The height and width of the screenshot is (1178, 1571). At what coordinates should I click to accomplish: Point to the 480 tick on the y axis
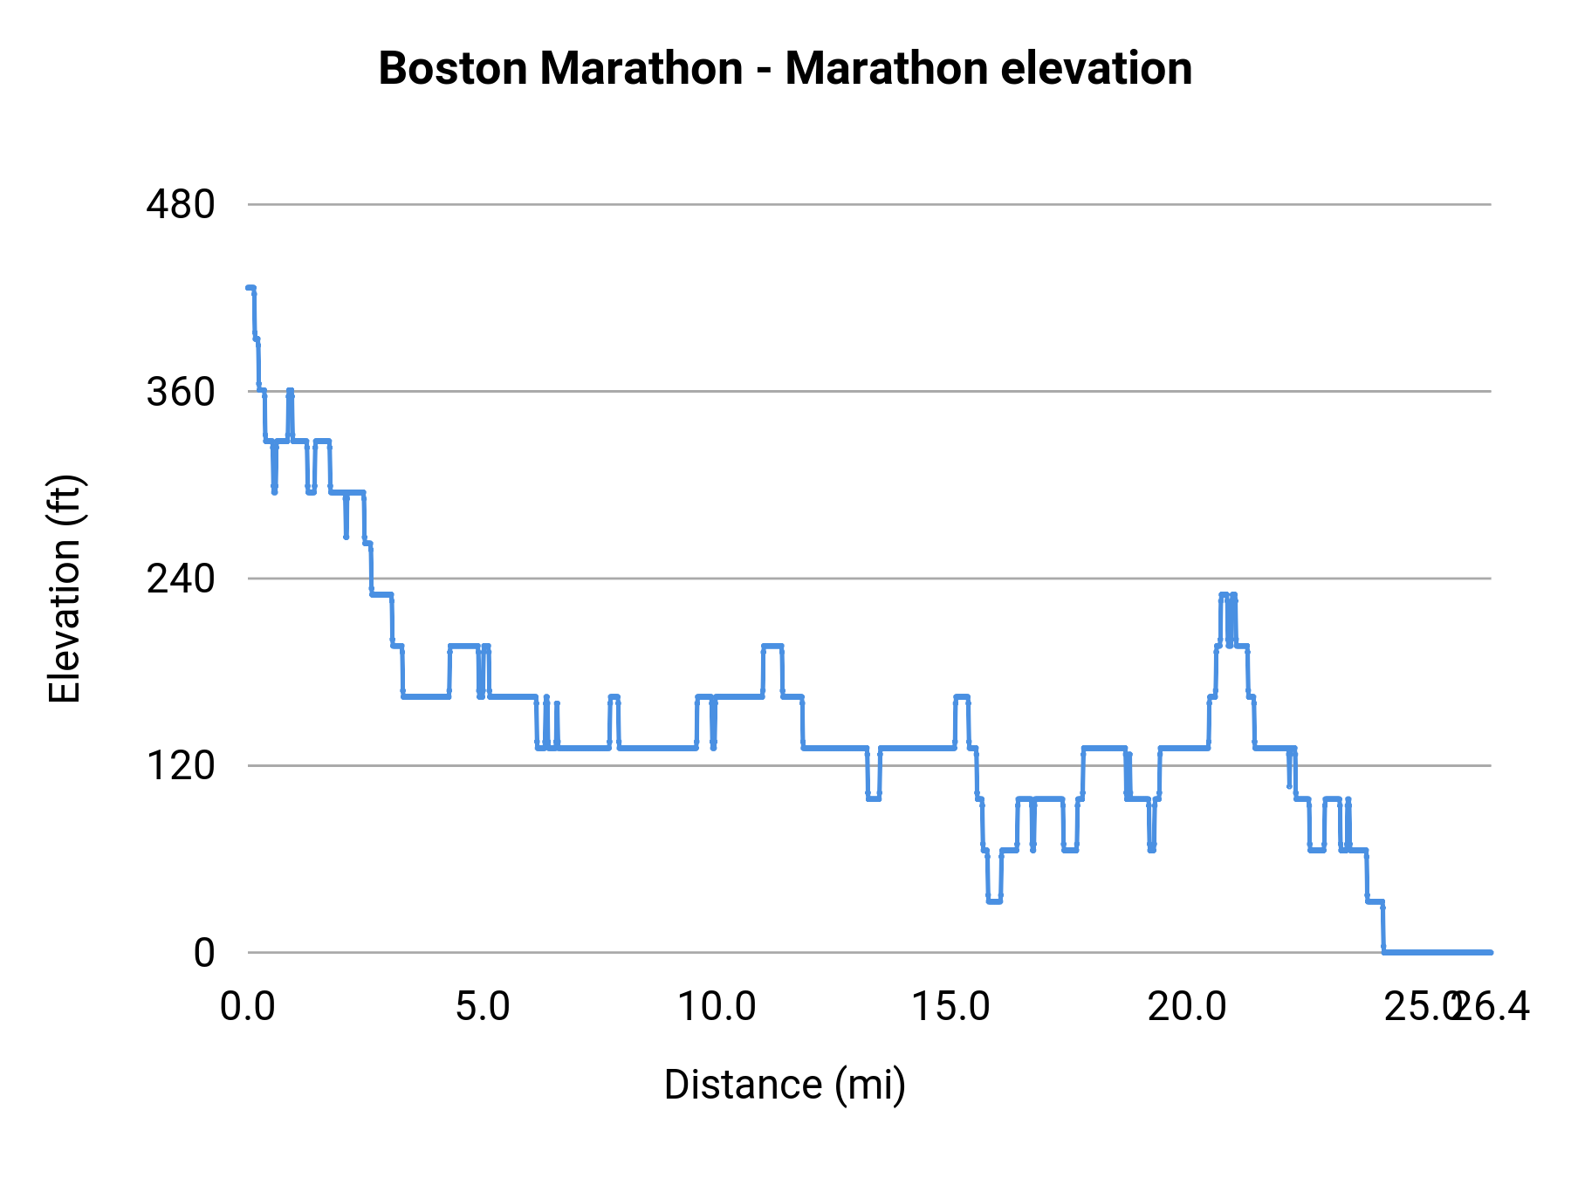(x=181, y=205)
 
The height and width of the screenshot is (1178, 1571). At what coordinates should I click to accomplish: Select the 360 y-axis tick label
(x=181, y=392)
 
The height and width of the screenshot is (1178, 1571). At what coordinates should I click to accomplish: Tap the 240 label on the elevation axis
(x=181, y=579)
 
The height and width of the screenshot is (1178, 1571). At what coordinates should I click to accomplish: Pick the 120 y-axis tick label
(x=181, y=766)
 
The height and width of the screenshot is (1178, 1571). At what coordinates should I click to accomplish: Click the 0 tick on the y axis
(x=204, y=953)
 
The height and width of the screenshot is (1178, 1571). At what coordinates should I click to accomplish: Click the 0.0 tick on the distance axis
(x=248, y=1007)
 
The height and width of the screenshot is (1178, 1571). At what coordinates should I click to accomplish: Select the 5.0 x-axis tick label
(x=483, y=1007)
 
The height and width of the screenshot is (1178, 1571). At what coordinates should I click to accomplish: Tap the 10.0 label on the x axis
(x=717, y=1007)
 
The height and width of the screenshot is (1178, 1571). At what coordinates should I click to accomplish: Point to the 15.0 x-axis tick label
(x=951, y=1007)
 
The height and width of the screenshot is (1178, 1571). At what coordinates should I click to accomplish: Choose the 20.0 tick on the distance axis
(x=1186, y=1007)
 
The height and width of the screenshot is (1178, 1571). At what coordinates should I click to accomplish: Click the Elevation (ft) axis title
(x=65, y=589)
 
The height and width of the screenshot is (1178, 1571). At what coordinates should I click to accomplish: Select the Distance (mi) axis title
(x=785, y=1085)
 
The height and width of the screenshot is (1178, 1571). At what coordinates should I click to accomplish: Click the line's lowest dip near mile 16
(x=994, y=901)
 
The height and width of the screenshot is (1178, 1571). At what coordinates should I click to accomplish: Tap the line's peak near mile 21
(x=1225, y=595)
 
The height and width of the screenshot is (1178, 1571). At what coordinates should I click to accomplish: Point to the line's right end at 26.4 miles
(x=1490, y=952)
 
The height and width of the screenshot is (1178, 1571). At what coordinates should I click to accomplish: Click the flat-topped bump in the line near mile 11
(x=772, y=647)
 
